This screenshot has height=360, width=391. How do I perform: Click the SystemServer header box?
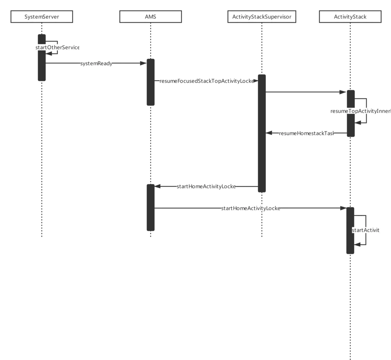click(42, 17)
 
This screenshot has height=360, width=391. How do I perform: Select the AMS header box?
click(150, 17)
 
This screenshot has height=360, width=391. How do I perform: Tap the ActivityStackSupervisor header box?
click(262, 17)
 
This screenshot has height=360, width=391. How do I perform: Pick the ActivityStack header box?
click(350, 17)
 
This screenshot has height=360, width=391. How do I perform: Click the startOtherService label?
click(57, 48)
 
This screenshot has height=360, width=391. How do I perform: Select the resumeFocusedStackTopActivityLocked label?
click(206, 81)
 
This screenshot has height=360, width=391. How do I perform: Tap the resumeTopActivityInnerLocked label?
click(360, 111)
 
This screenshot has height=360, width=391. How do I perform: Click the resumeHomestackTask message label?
click(306, 133)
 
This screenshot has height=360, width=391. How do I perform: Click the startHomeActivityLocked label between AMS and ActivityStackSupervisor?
click(206, 186)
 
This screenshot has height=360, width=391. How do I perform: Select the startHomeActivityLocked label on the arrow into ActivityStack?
click(250, 208)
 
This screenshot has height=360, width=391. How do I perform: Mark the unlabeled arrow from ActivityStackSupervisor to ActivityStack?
click(304, 91)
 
